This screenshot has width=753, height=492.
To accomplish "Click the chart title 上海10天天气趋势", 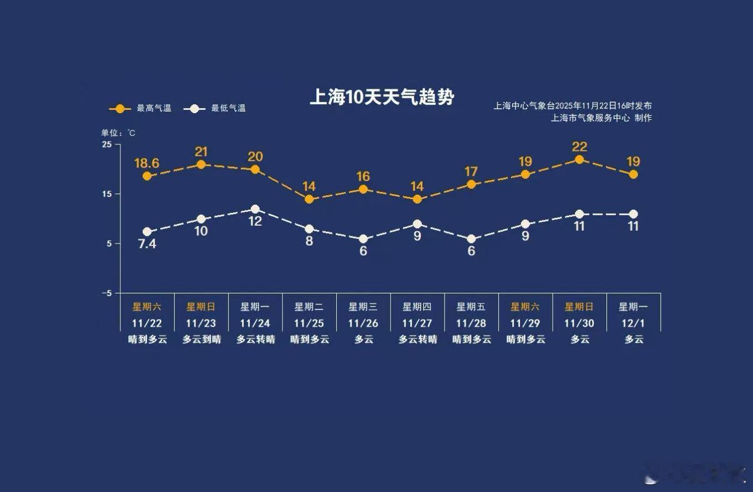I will pos(382,97).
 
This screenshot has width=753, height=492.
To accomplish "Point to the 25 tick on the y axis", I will pos(107,144).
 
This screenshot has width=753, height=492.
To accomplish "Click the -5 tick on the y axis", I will pos(107,293).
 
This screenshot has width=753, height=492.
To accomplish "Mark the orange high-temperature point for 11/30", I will pos(579,160).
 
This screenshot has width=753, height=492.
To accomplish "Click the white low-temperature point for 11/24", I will pos(255,209).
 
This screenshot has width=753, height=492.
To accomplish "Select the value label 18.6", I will pos(146,163).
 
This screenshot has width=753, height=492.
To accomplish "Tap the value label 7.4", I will pos(146,244).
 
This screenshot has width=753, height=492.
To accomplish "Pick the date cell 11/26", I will pos(363,323).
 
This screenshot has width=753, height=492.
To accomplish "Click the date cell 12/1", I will pos(633,323).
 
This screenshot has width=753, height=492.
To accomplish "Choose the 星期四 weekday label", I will pos(417,307).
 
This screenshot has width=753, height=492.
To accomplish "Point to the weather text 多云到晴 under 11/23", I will pos(201,339).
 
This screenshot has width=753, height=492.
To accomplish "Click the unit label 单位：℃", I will pos(118,133).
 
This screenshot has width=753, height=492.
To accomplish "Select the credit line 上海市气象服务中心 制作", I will pos(601,118).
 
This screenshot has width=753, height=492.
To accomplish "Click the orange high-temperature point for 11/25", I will pos(309,199).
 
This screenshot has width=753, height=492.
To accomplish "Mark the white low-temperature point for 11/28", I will pos(471,239).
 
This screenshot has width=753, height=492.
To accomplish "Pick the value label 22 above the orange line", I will pos(579,147).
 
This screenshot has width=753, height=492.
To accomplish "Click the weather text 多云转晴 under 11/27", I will pos(417,339).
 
